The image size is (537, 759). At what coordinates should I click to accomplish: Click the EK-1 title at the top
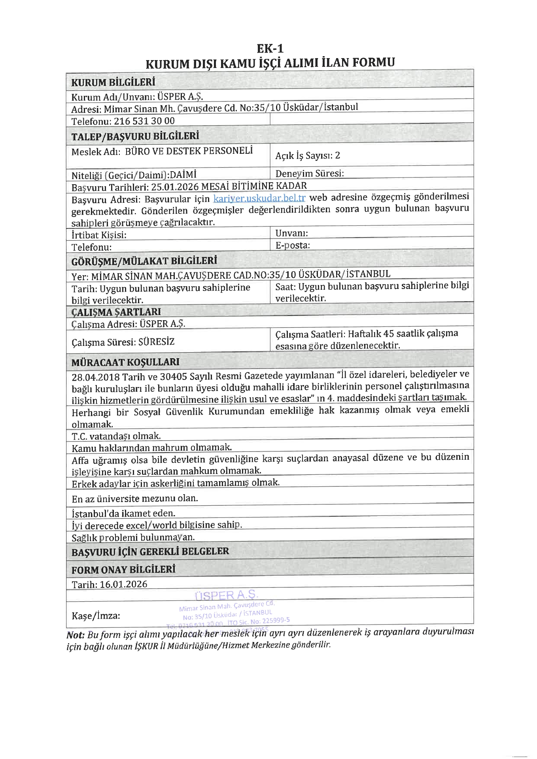click(x=270, y=49)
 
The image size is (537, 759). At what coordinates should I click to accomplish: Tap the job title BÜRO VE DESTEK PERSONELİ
click(x=189, y=151)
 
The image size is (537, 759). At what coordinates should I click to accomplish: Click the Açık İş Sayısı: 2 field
click(x=308, y=155)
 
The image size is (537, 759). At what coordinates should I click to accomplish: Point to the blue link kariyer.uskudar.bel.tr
click(x=259, y=198)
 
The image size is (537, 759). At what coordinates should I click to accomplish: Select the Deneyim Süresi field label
click(x=310, y=174)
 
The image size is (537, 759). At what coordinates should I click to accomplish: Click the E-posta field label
click(x=292, y=245)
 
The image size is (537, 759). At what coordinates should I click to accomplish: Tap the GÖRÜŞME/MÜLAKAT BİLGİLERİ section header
click(x=144, y=261)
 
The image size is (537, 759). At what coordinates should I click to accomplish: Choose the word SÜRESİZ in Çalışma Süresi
click(x=156, y=342)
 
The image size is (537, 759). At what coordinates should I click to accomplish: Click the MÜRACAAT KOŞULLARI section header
click(x=125, y=362)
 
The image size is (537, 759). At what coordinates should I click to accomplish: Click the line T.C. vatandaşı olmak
click(x=116, y=436)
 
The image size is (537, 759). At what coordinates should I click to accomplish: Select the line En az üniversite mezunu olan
click(x=135, y=498)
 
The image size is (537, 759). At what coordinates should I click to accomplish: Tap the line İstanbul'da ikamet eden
click(x=123, y=514)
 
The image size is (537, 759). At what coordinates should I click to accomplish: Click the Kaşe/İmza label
click(x=96, y=616)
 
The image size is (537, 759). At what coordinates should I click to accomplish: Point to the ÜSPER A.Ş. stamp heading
click(x=227, y=595)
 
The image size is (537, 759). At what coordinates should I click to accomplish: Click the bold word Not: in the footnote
click(x=76, y=635)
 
